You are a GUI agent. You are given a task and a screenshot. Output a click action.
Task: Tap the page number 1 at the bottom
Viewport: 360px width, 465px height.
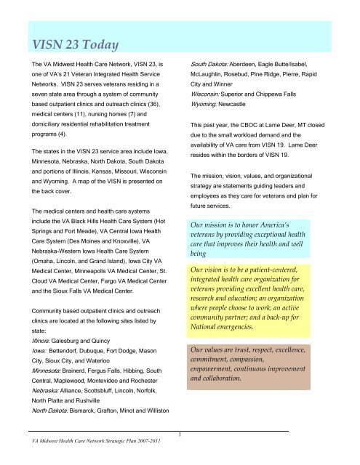pyautogui.click(x=180, y=435)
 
